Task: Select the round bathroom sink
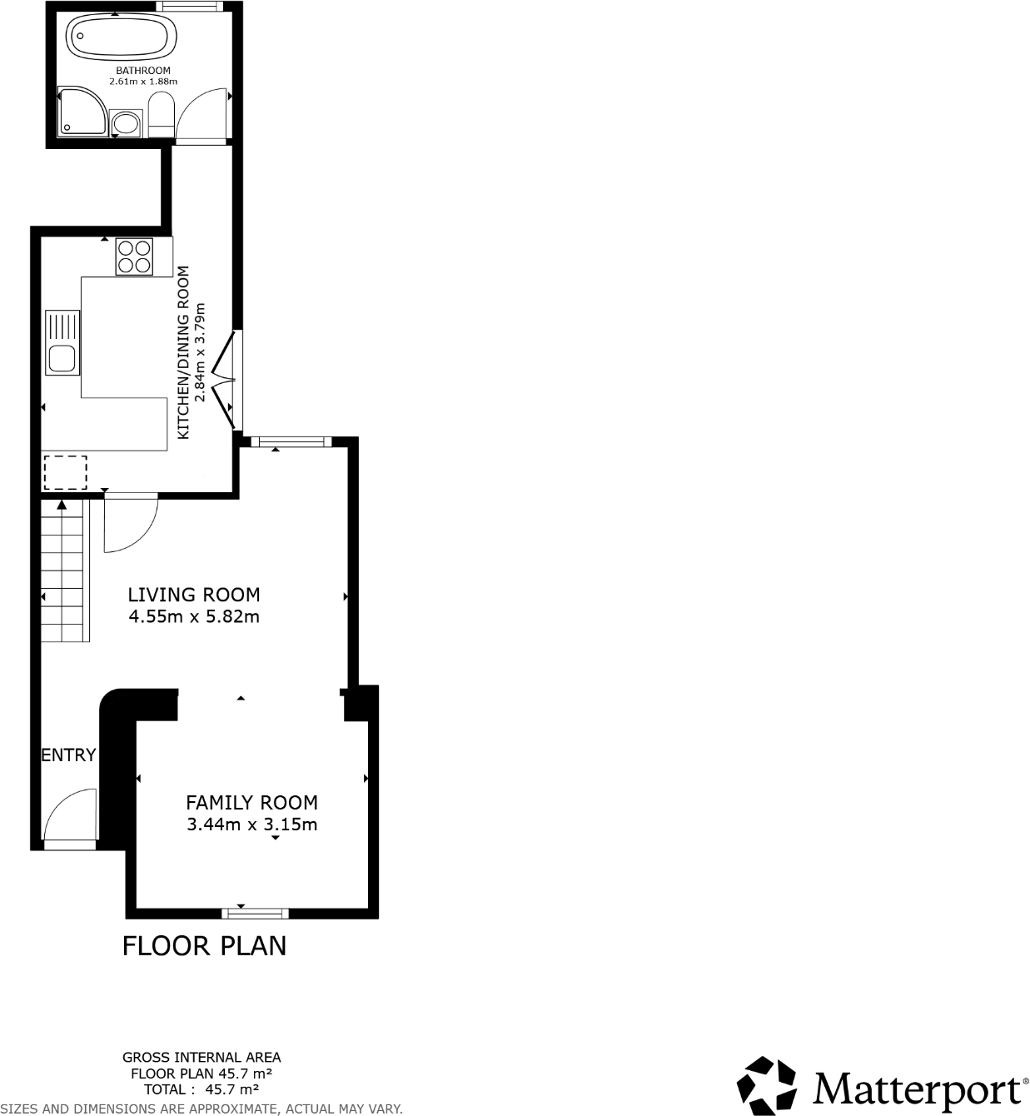(127, 124)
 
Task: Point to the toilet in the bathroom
(160, 115)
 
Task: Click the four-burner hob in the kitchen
(134, 256)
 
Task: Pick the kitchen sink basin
(62, 359)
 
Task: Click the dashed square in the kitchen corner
(65, 472)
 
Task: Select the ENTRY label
(68, 755)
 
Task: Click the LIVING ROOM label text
(193, 595)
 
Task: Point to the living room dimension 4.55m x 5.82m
(193, 617)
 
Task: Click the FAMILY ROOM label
(251, 803)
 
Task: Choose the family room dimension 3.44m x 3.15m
(251, 825)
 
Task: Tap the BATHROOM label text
(143, 71)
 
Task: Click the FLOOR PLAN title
(204, 946)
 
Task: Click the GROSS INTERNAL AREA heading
(202, 1058)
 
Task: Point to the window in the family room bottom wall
(256, 913)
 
